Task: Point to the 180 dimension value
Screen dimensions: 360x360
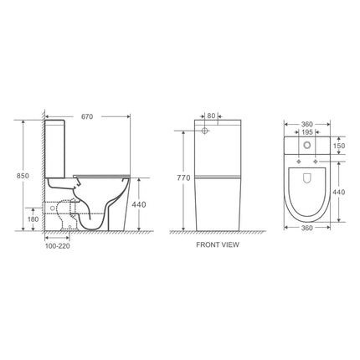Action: coord(33,219)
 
